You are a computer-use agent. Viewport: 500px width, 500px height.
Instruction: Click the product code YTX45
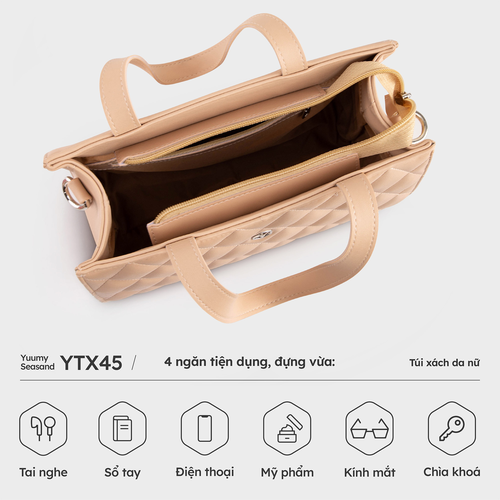click(91, 363)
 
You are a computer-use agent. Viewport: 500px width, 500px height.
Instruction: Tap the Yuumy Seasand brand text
click(37, 362)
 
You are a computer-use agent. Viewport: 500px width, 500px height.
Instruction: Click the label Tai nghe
click(43, 472)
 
